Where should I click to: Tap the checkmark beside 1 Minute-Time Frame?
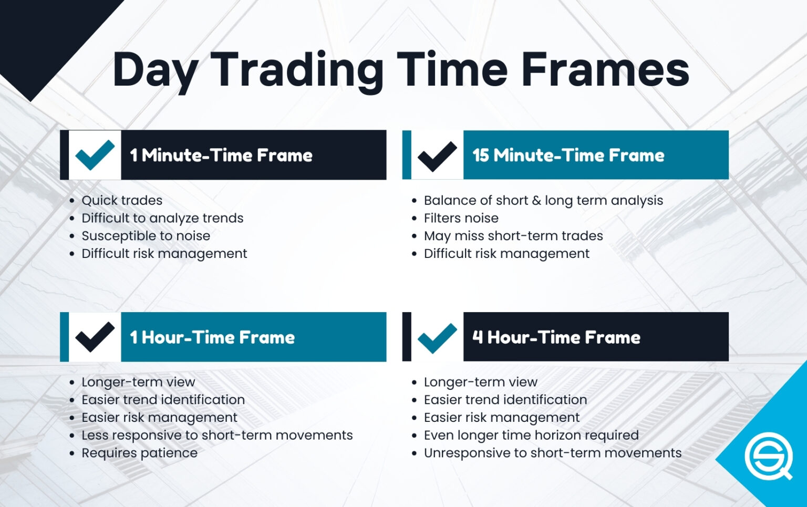pyautogui.click(x=95, y=155)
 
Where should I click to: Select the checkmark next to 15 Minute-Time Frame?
pyautogui.click(x=437, y=156)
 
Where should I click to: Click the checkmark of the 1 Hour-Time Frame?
pyautogui.click(x=95, y=337)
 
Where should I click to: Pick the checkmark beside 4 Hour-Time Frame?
pyautogui.click(x=437, y=337)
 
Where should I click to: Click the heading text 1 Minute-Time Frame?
pyautogui.click(x=221, y=156)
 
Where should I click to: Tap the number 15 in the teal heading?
pyautogui.click(x=481, y=156)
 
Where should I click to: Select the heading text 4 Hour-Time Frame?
pyautogui.click(x=556, y=337)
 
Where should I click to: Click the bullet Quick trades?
pyautogui.click(x=122, y=200)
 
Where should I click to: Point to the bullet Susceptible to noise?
pyautogui.click(x=146, y=236)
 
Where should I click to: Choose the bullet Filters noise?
pyautogui.click(x=461, y=218)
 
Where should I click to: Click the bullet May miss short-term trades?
pyautogui.click(x=513, y=236)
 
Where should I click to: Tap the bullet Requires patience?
pyautogui.click(x=139, y=453)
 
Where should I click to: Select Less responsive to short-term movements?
pyautogui.click(x=217, y=435)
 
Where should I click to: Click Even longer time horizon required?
pyautogui.click(x=531, y=435)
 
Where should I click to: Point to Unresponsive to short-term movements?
pyautogui.click(x=552, y=453)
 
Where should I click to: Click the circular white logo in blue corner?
pyautogui.click(x=768, y=456)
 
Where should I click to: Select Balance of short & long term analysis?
pyautogui.click(x=543, y=200)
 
